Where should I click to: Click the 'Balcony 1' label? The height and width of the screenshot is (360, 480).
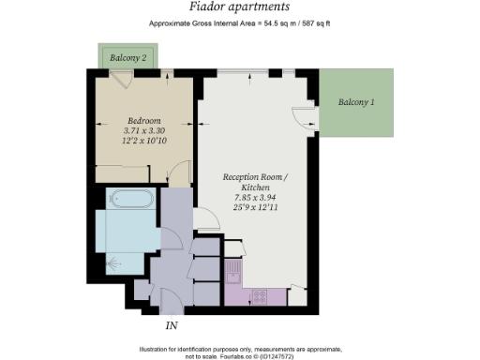tap(356, 101)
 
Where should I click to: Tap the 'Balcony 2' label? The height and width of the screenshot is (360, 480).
tap(127, 58)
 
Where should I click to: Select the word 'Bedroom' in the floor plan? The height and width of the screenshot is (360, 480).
tap(144, 121)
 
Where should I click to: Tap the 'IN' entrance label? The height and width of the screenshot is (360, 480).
tap(172, 326)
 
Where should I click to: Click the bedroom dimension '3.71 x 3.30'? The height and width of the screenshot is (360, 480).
tap(144, 132)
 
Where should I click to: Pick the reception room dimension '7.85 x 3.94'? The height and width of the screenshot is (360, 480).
tap(255, 199)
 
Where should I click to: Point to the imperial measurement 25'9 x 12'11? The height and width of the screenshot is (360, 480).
tap(255, 210)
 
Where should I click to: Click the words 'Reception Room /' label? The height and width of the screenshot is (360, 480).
tap(255, 176)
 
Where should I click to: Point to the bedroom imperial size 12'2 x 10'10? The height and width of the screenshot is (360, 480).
tap(144, 143)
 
